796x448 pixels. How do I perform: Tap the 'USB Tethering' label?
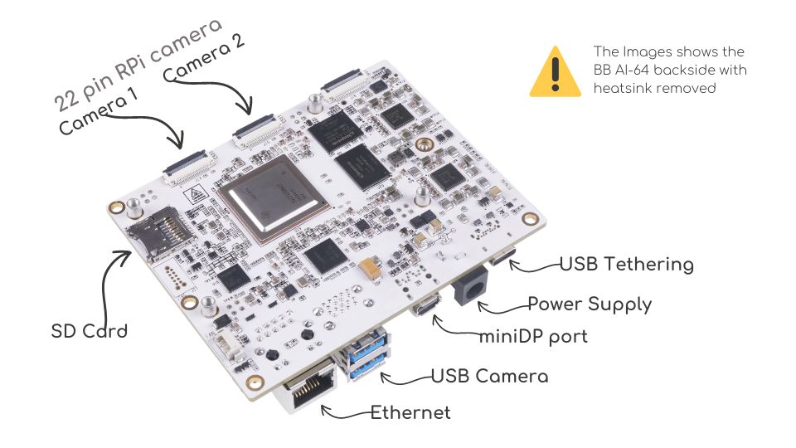(626, 265)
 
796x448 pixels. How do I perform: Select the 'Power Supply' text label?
(590, 304)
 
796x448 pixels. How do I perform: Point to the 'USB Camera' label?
(489, 376)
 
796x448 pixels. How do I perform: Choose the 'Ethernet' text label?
(410, 412)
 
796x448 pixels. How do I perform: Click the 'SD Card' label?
(90, 331)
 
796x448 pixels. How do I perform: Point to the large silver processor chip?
(269, 197)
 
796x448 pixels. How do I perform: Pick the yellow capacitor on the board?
(370, 269)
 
